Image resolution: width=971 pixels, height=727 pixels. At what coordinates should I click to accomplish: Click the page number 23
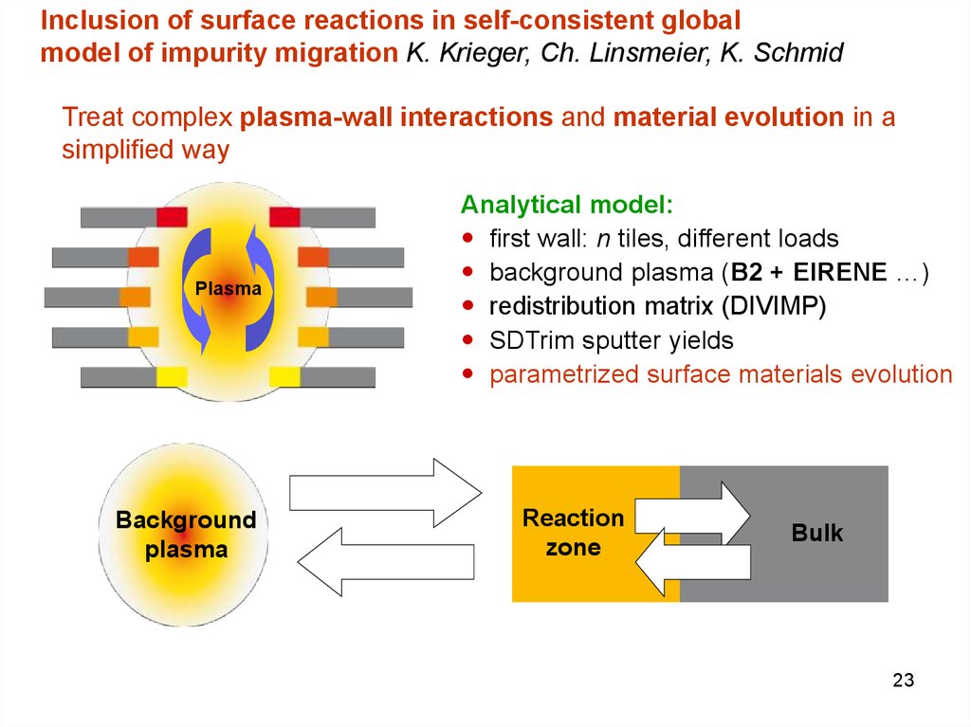click(903, 680)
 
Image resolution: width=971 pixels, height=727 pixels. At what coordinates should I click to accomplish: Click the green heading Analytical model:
click(567, 205)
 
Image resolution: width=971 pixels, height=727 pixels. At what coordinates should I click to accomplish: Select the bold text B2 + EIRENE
click(809, 272)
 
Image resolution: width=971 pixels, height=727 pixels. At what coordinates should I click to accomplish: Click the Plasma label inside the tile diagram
click(228, 288)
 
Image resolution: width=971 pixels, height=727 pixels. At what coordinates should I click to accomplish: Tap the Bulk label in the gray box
click(816, 533)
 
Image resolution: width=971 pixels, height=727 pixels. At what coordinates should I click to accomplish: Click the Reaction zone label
click(573, 533)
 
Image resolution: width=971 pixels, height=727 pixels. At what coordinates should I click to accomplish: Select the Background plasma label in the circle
click(186, 535)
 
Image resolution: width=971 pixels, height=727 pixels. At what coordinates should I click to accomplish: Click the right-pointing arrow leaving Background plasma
click(385, 493)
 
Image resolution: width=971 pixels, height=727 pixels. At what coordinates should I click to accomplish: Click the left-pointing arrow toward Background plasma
click(385, 562)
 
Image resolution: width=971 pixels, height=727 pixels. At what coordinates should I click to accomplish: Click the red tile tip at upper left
click(172, 217)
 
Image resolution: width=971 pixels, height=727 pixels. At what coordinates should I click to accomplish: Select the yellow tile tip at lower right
click(284, 377)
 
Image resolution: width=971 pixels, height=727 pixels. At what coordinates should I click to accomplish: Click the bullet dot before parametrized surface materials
click(467, 373)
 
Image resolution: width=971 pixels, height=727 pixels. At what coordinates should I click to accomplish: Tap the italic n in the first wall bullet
click(603, 239)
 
